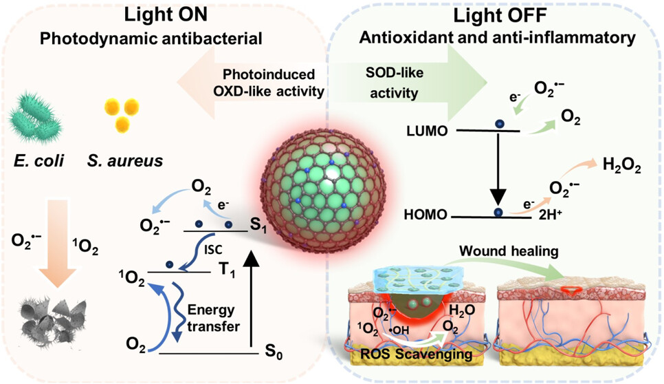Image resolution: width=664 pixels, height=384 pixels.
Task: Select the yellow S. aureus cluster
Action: pos(117,114)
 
